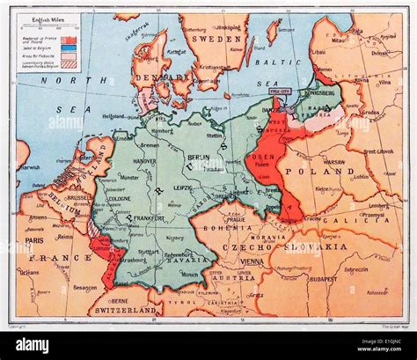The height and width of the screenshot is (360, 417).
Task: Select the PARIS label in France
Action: (x=33, y=239)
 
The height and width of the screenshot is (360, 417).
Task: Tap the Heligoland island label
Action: (x=112, y=115)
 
